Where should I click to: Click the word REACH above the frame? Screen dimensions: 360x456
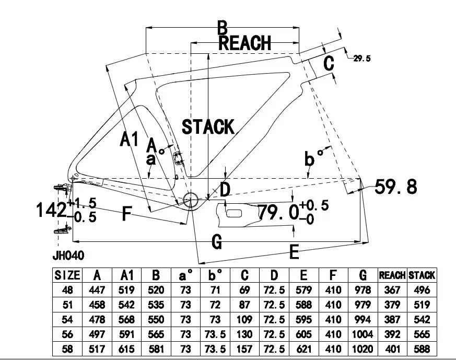pyautogui.click(x=245, y=42)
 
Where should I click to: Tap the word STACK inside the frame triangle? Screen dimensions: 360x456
pyautogui.click(x=208, y=126)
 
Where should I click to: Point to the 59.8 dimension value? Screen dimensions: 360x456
pyautogui.click(x=396, y=187)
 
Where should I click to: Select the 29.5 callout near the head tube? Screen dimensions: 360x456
pyautogui.click(x=362, y=59)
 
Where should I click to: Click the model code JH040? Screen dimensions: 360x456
pyautogui.click(x=68, y=256)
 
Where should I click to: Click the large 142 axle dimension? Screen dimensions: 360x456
pyautogui.click(x=51, y=210)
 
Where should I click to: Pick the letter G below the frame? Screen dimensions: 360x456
pyautogui.click(x=217, y=241)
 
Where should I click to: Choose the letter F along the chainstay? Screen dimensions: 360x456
pyautogui.click(x=126, y=213)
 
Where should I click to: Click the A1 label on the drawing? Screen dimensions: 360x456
pyautogui.click(x=129, y=140)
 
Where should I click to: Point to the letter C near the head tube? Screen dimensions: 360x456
pyautogui.click(x=328, y=64)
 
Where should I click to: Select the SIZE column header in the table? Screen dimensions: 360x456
pyautogui.click(x=67, y=275)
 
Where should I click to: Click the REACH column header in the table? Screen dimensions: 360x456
pyautogui.click(x=392, y=275)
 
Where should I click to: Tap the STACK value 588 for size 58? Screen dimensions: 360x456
pyautogui.click(x=422, y=349)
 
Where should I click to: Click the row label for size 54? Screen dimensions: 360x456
pyautogui.click(x=67, y=319)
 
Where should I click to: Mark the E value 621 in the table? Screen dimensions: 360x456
pyautogui.click(x=303, y=349)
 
